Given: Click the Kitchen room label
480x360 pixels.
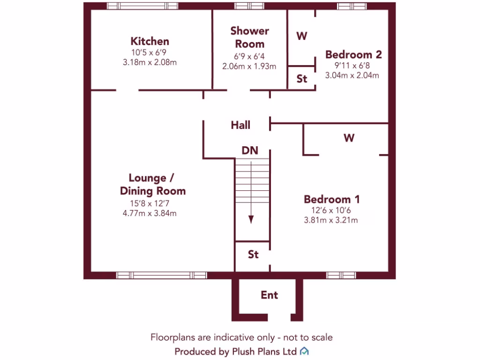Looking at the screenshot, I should (x=150, y=41).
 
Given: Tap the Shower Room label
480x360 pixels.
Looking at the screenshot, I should (x=249, y=37).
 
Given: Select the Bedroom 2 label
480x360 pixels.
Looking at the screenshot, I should (x=353, y=54).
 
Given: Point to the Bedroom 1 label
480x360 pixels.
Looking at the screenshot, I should (x=331, y=199).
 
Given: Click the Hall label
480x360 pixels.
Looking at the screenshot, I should (x=240, y=125).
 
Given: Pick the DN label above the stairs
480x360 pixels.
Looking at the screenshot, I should (x=250, y=150).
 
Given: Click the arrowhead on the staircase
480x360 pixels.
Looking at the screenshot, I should (x=251, y=219).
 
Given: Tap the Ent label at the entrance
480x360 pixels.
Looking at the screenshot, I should (x=269, y=295).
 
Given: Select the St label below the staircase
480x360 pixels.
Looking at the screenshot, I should (x=253, y=255).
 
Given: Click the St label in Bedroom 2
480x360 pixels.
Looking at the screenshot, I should (x=302, y=79).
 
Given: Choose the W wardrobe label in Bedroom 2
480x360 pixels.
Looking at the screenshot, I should (x=302, y=36).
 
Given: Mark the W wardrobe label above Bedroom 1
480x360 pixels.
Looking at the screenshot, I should (x=349, y=138).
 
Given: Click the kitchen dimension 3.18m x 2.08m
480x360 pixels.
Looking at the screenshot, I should (x=150, y=62).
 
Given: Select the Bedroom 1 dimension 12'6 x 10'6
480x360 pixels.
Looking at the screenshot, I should (x=331, y=210).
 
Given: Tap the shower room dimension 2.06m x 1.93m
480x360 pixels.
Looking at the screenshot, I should (x=249, y=66).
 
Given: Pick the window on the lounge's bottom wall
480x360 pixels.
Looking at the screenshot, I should (x=161, y=275).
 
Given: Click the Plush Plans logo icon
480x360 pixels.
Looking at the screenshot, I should (x=304, y=351).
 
